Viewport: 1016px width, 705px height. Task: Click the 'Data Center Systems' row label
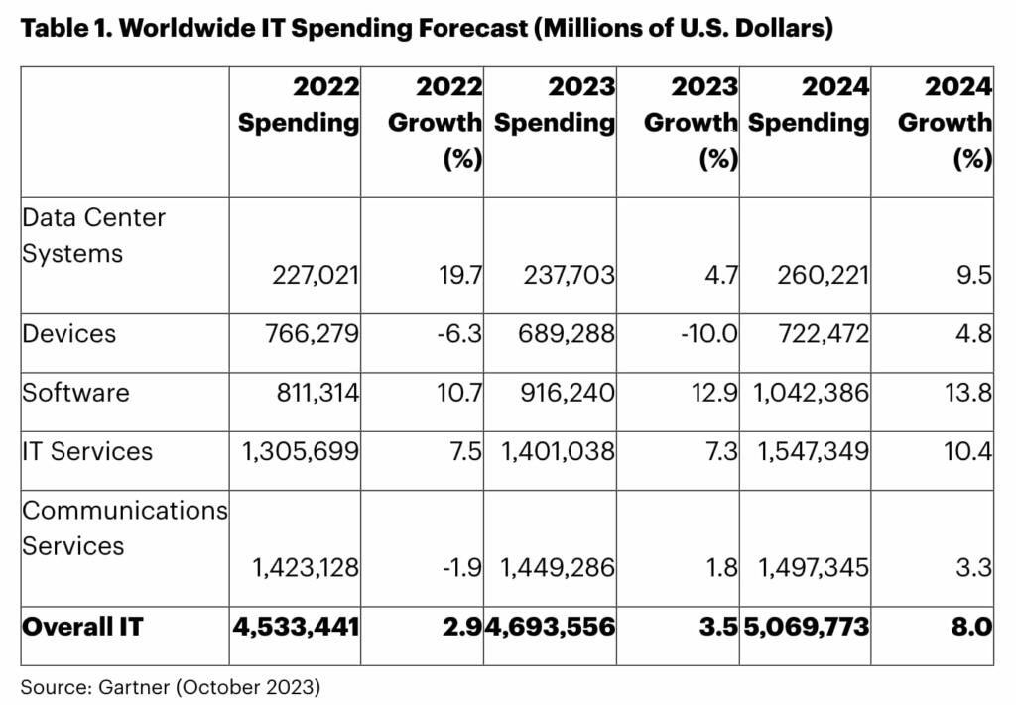pos(94,235)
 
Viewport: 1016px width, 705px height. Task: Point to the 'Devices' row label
pos(69,333)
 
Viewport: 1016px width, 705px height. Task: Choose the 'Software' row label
pos(76,392)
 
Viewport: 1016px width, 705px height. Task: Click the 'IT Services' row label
pos(87,451)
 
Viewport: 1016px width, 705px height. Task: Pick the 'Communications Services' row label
pos(125,528)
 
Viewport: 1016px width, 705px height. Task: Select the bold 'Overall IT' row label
pos(82,627)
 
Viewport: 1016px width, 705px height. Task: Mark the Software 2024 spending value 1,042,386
pos(809,392)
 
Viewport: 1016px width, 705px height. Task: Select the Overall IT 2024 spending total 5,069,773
pos(805,627)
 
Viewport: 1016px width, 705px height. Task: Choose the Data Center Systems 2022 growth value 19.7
pos(460,275)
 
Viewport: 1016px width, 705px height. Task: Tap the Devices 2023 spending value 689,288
pos(568,333)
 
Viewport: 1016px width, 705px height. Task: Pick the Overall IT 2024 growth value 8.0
pos(971,627)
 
